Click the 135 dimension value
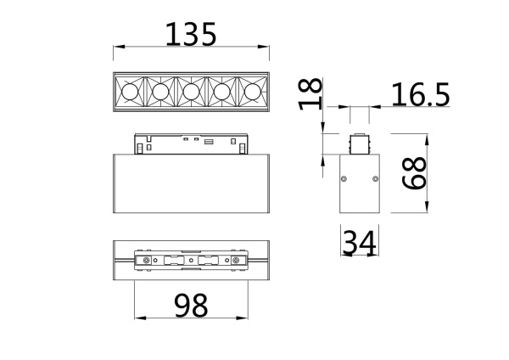[192, 34]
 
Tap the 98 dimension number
[191, 304]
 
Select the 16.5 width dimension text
[420, 95]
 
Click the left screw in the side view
[344, 179]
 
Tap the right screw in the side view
[374, 179]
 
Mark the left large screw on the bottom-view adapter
[148, 259]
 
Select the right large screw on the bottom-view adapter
[237, 259]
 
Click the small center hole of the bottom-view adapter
[192, 259]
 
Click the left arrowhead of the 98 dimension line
[137, 318]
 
